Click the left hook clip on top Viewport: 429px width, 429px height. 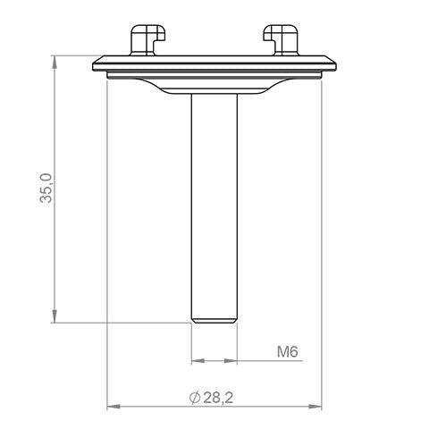(145, 40)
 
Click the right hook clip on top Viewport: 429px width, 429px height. (282, 40)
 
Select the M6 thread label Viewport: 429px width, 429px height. (286, 352)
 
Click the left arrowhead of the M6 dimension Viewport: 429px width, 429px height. (198, 362)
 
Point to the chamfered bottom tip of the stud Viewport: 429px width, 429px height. (214, 316)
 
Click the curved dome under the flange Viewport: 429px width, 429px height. (214, 88)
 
